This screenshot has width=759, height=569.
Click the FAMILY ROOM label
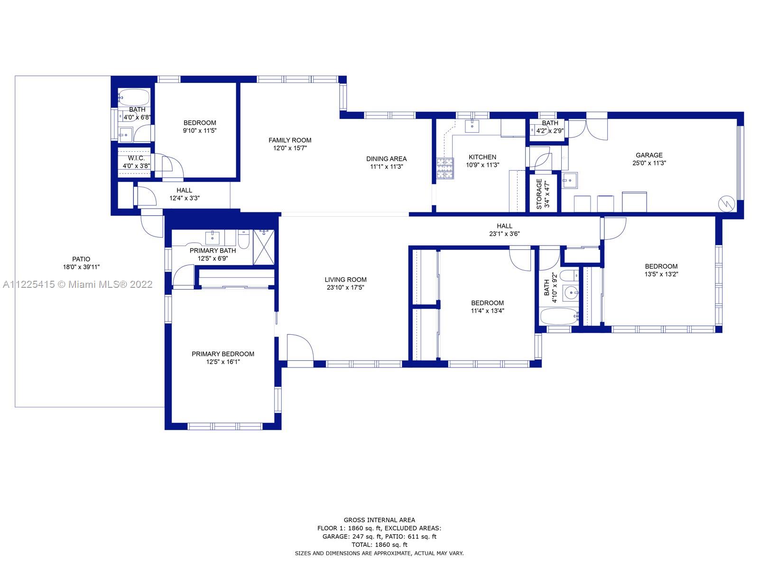290,140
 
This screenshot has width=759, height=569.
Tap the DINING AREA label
386,159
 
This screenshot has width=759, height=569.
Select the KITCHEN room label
482,157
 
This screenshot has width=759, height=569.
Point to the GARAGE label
649,156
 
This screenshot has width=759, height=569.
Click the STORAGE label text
539,194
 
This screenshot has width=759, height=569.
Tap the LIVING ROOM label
345,280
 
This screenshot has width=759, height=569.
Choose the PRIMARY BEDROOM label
223,354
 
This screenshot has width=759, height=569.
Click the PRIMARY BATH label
213,251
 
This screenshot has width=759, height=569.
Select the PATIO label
81,259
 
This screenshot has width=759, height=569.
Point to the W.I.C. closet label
136,158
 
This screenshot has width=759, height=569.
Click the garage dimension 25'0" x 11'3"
649,163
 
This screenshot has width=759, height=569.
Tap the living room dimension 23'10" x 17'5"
345,287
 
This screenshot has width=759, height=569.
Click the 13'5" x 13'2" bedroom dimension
661,275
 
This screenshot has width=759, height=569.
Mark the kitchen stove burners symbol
445,168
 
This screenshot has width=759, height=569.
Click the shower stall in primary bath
264,248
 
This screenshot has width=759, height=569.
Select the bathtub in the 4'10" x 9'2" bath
559,316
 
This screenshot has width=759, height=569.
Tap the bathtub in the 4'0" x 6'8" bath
134,97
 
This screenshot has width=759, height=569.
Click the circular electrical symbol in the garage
726,204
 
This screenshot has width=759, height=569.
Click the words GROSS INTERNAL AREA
379,520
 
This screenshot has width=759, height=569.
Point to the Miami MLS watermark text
78,284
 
